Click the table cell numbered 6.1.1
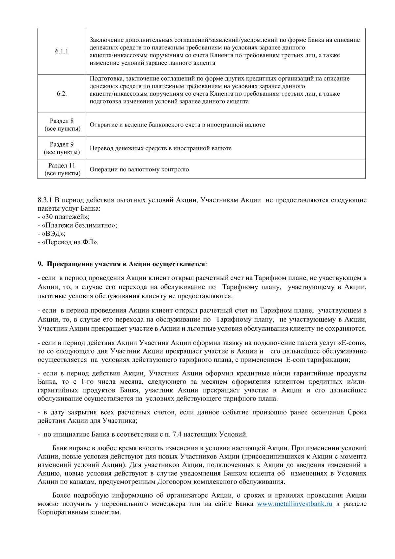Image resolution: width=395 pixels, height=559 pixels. (x=62, y=51)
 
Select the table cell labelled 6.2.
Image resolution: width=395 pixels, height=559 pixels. (x=62, y=94)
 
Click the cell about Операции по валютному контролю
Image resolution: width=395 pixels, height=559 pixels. (x=139, y=169)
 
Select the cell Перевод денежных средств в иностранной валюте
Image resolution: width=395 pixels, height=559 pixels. (x=160, y=148)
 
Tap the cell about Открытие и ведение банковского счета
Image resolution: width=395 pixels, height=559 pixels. (x=177, y=125)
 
